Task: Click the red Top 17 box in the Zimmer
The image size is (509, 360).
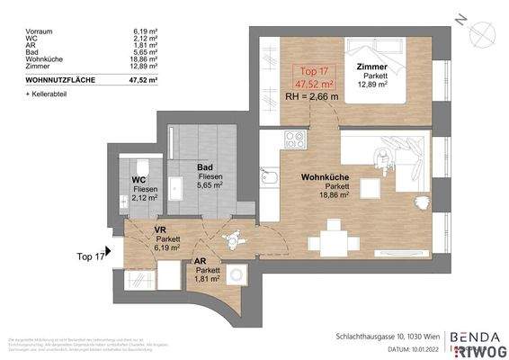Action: tap(311, 79)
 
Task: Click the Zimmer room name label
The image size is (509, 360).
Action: tap(371, 67)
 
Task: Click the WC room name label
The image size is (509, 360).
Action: tap(139, 179)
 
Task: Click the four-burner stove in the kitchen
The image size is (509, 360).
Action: tap(293, 141)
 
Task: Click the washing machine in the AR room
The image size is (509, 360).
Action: tap(237, 275)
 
